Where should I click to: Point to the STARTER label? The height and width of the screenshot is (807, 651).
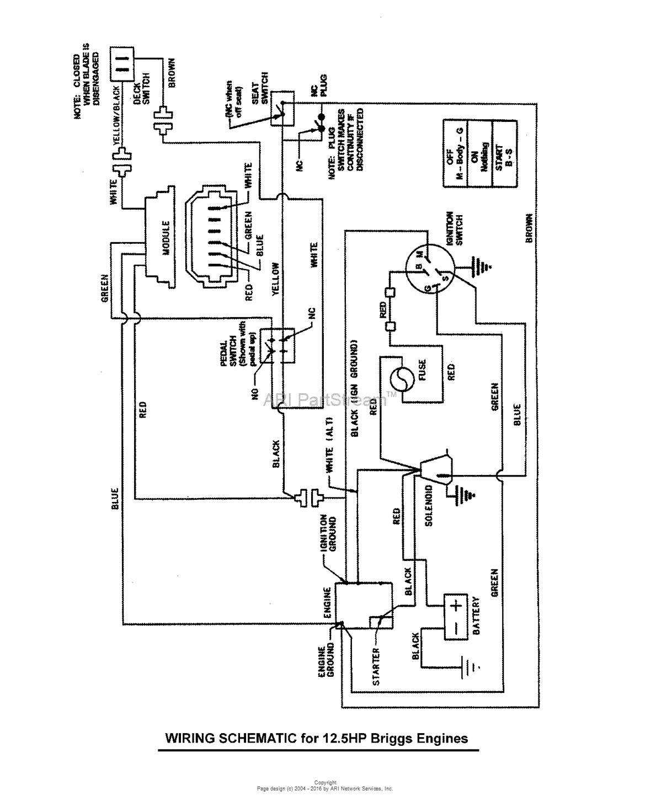click(376, 666)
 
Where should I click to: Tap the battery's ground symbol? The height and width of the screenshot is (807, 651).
click(469, 666)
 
